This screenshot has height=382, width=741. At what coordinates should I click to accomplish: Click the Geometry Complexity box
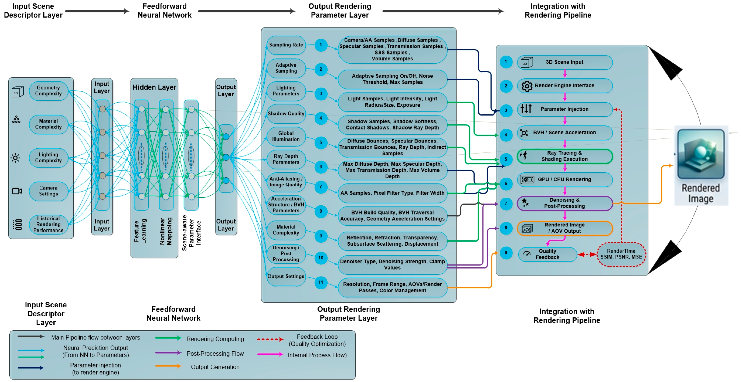48,91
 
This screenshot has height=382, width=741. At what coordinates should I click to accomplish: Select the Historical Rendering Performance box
48,224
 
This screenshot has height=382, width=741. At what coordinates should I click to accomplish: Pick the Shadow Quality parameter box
286,114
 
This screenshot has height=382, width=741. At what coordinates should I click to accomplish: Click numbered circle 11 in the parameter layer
321,282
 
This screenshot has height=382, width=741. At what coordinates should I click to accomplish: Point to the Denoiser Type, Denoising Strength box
392,264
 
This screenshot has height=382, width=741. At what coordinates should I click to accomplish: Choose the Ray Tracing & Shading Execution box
565,156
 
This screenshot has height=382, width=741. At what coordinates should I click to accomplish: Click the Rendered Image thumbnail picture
701,154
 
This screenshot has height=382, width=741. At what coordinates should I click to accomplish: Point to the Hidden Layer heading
154,87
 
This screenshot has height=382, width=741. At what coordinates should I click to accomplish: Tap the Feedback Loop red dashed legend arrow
270,339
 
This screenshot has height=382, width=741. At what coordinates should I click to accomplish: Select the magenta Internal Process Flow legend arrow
270,354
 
